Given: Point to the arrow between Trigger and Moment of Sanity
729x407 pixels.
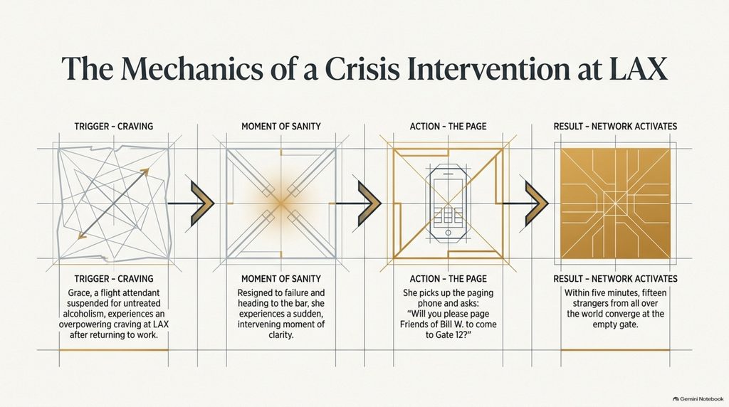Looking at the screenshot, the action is click(x=191, y=203).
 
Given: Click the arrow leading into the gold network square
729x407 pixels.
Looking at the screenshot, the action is click(x=525, y=203).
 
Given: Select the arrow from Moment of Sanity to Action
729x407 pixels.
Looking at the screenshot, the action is click(x=358, y=203).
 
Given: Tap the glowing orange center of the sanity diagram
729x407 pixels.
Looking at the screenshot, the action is click(x=280, y=203).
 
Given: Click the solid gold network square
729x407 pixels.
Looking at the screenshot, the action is click(x=615, y=203).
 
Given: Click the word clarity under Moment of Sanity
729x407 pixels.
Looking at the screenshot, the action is click(x=280, y=335).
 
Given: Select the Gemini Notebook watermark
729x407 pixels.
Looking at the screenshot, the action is click(x=698, y=398).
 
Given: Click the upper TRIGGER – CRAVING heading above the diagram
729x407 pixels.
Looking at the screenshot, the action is click(x=113, y=127).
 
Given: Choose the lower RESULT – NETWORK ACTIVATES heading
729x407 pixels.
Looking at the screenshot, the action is click(x=615, y=279).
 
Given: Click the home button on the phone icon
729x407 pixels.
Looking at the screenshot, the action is click(x=448, y=232).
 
